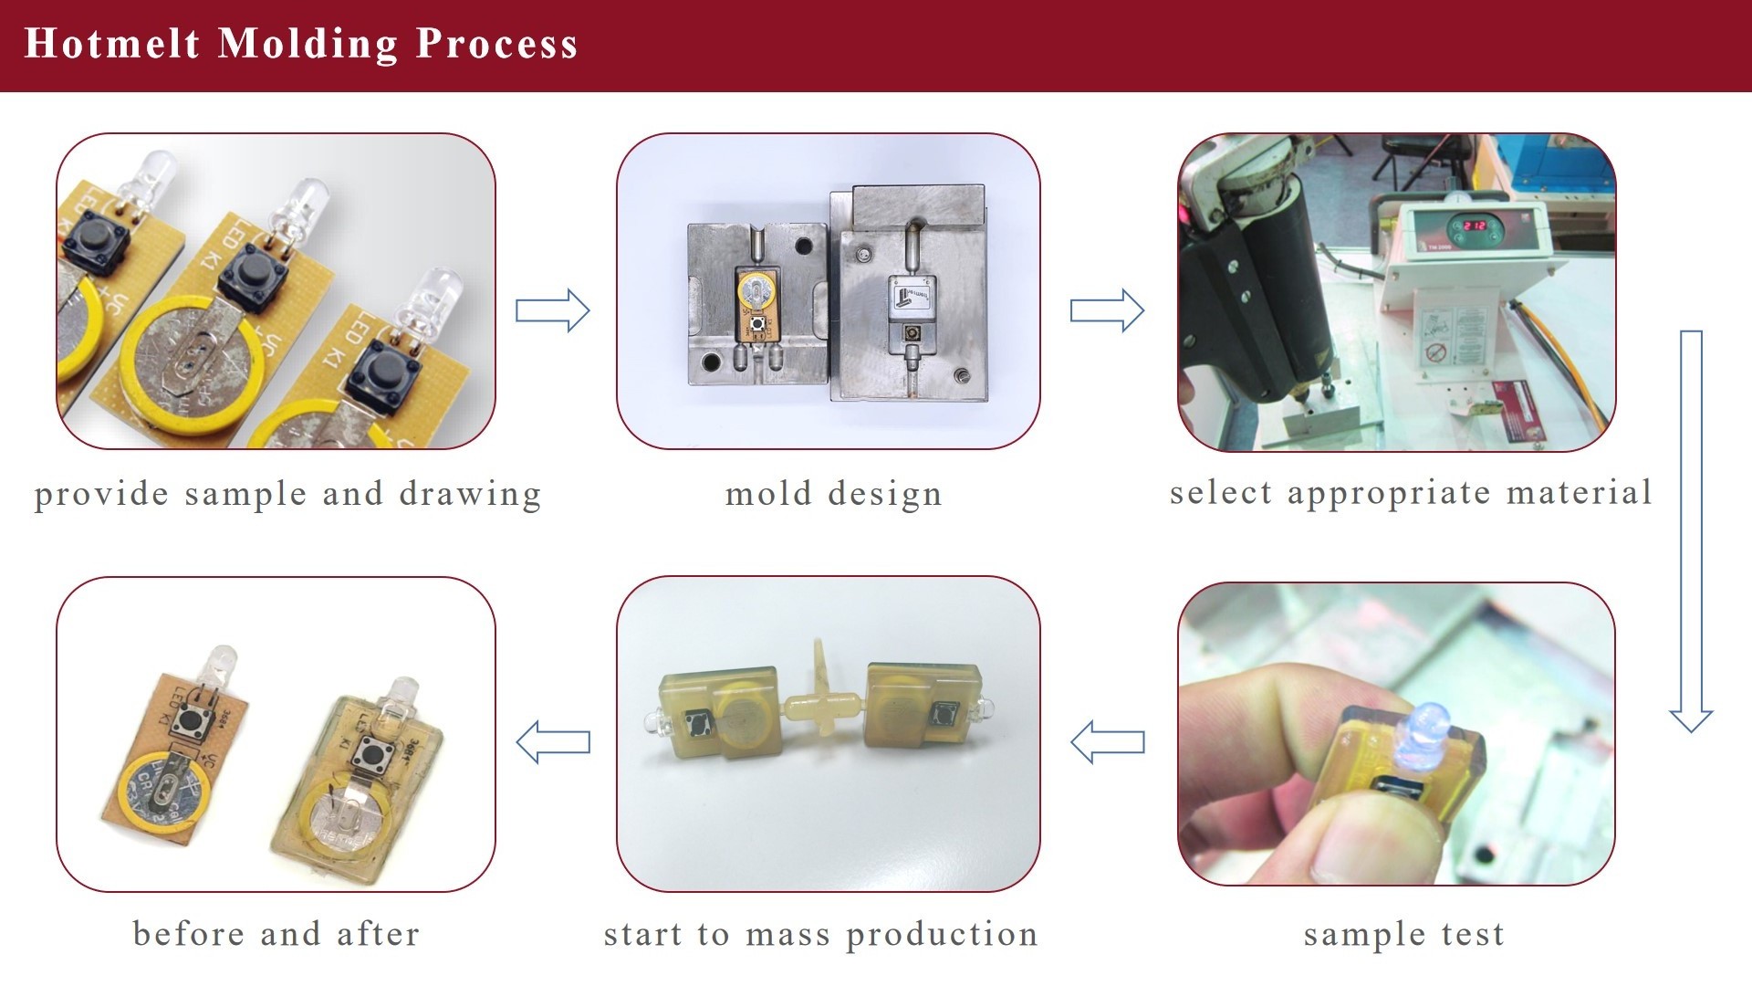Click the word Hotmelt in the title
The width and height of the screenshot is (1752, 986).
coord(111,44)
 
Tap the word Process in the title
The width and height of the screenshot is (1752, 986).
coord(496,44)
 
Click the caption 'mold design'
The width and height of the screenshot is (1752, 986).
coord(833,494)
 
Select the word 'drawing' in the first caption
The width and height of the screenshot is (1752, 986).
coord(470,494)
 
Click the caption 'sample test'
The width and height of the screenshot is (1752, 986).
coord(1403,934)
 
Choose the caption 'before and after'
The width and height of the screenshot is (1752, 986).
coord(276,933)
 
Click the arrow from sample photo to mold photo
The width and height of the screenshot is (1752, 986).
coord(553,310)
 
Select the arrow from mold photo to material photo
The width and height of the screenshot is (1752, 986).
coord(1107,310)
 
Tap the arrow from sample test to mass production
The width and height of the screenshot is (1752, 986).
coord(1107,741)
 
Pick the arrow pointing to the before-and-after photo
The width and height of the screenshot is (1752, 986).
coord(553,741)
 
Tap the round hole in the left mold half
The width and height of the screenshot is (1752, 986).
coord(803,245)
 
